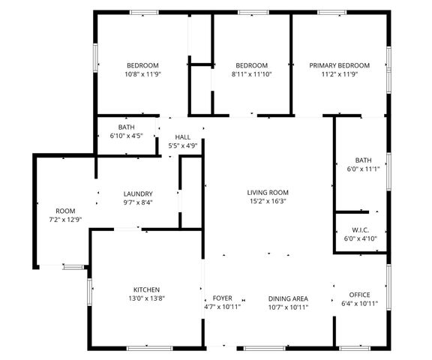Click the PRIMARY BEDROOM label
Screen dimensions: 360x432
click(x=339, y=65)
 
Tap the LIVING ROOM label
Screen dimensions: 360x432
click(x=268, y=192)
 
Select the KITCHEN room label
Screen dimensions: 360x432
click(x=146, y=289)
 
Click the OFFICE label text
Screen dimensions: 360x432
click(x=360, y=295)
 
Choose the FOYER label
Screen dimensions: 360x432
click(x=222, y=298)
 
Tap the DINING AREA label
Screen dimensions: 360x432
click(x=288, y=298)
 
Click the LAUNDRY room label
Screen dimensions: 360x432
click(x=138, y=193)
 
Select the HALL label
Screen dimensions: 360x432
click(x=183, y=137)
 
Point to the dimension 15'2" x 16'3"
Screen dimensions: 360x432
click(x=268, y=201)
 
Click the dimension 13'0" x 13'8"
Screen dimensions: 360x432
click(x=146, y=298)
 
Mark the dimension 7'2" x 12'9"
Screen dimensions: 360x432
click(x=65, y=219)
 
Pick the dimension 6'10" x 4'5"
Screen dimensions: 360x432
click(x=126, y=136)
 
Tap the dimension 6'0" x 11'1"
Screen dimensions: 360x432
click(x=363, y=169)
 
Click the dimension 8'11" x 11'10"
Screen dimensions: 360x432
click(x=251, y=74)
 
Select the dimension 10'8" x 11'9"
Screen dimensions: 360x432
click(x=142, y=74)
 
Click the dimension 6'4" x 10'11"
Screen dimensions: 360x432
click(x=360, y=304)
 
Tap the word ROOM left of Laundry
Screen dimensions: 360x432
click(x=65, y=210)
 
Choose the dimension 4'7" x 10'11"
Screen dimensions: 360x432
click(x=222, y=307)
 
